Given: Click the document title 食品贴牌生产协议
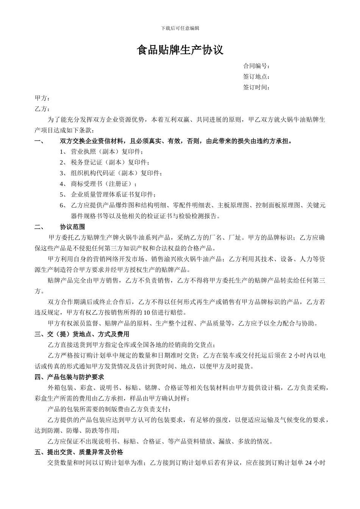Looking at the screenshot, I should [x=180, y=50].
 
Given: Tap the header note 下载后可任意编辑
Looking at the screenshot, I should [x=180, y=28].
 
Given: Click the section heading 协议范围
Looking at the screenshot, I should [x=72, y=227].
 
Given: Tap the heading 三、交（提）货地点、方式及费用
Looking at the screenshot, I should [x=82, y=334].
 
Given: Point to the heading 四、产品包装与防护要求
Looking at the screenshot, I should [x=69, y=377].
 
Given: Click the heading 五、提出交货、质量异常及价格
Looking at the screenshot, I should [x=79, y=452].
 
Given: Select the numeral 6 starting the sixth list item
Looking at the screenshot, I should [x=61, y=206].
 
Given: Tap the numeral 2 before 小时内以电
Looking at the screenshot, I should [x=290, y=356].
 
